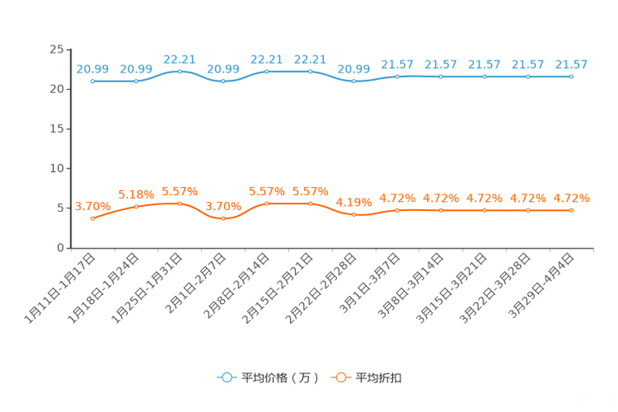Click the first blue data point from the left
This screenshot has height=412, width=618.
click(x=92, y=81)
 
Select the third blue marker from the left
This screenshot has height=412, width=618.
click(x=179, y=72)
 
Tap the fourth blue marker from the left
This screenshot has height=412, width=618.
click(x=223, y=81)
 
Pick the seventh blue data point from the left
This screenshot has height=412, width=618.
click(x=354, y=81)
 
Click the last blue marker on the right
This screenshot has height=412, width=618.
click(x=571, y=76)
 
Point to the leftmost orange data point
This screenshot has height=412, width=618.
click(x=92, y=219)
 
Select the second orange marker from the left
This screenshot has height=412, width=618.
click(x=136, y=207)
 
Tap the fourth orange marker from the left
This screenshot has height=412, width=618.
click(x=223, y=219)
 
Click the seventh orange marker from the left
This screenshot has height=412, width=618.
click(x=354, y=215)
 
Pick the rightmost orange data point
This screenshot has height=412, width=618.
click(x=571, y=211)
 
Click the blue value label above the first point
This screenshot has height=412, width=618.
click(x=92, y=69)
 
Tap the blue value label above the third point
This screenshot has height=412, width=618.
click(x=179, y=60)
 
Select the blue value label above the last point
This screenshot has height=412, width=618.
click(x=571, y=64)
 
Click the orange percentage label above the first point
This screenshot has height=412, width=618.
click(x=92, y=206)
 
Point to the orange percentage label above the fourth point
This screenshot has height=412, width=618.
click(x=223, y=206)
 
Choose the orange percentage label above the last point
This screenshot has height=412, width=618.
click(x=571, y=198)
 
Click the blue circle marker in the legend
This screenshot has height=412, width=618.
click(x=226, y=377)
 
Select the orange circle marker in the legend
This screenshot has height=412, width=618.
click(x=341, y=377)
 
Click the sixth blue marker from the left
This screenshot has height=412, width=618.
click(x=310, y=72)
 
